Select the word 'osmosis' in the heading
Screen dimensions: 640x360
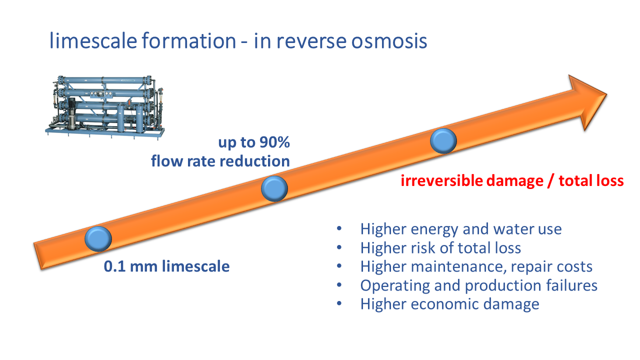point(389,40)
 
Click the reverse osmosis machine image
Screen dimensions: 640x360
point(105,107)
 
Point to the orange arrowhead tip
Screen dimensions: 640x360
point(606,94)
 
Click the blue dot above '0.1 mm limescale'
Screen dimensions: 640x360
point(98,239)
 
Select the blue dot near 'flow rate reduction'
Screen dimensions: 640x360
point(274,188)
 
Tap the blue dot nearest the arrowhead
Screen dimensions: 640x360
point(443,141)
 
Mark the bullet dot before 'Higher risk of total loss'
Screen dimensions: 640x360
point(339,247)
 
